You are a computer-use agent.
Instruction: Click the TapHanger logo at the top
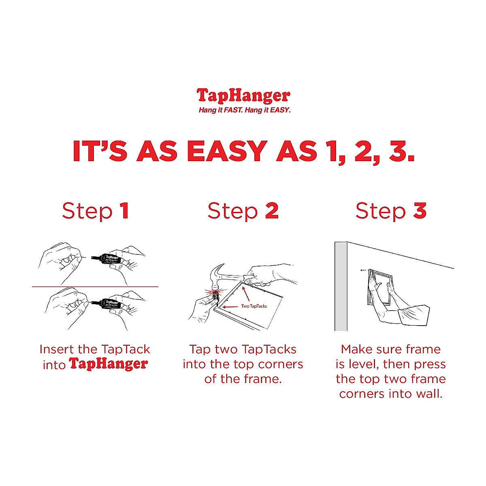coord(243,96)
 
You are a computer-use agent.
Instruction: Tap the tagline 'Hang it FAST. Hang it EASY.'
coord(245,110)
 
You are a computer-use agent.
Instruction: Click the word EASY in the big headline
coord(227,151)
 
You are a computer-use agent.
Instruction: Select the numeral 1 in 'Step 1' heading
coord(124,211)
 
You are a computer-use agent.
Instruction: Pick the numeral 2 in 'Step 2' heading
coord(272,211)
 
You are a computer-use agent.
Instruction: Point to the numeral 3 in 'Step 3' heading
coord(420,211)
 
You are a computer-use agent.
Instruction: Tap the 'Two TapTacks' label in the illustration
coord(254,306)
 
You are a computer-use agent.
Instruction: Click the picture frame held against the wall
coord(380,289)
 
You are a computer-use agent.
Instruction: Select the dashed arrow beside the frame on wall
coord(364,270)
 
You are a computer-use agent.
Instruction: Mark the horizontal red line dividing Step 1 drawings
coord(95,287)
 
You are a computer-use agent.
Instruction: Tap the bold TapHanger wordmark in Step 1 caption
coord(108,364)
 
